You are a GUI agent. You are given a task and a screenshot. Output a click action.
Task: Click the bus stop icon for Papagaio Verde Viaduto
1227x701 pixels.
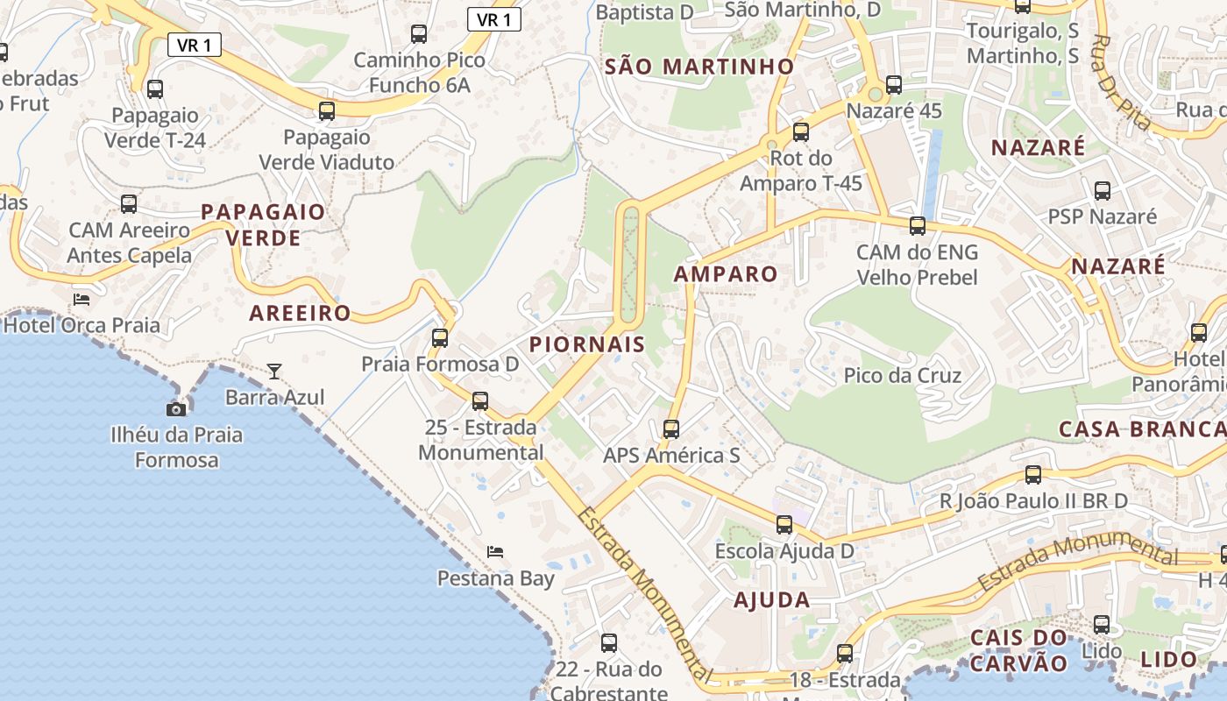pos(327,111)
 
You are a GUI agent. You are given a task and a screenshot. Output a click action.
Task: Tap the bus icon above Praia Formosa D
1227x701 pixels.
pos(440,337)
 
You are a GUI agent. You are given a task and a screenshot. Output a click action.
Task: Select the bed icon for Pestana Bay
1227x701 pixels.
pos(495,552)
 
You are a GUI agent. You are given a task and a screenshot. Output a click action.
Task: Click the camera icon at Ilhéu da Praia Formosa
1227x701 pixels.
pos(176,409)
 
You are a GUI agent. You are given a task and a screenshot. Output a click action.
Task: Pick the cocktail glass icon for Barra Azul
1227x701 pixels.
pos(274,372)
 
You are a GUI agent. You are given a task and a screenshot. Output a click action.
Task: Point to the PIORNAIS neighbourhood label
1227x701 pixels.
pos(587,344)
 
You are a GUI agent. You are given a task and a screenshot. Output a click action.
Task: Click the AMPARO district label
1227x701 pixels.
pos(726,274)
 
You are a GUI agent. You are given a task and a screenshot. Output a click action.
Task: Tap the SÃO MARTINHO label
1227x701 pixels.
pos(699,67)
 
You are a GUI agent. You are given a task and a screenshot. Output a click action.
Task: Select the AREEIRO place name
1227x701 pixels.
pos(300,314)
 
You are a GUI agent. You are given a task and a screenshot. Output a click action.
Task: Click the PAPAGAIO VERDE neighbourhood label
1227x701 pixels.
pos(263,224)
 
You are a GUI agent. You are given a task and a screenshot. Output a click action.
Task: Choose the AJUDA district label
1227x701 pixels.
pos(772,600)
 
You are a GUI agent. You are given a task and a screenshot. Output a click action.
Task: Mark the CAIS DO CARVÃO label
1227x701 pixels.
pos(1019,649)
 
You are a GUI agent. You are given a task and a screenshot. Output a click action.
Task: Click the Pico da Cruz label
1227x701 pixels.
pos(903,376)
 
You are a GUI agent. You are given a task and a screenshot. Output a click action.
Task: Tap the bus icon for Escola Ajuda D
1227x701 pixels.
pos(784,525)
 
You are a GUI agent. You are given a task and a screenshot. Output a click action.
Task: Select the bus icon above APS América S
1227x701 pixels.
pos(671,429)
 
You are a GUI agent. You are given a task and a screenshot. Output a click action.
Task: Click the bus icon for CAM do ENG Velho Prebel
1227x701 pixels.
pos(918,226)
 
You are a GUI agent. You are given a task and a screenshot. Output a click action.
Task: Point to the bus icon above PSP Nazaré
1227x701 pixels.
pos(1103,190)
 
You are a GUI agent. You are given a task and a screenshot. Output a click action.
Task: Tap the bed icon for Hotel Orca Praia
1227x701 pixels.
pos(82,300)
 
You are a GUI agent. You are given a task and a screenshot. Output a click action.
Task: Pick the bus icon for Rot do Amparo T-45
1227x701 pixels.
pos(801,132)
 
